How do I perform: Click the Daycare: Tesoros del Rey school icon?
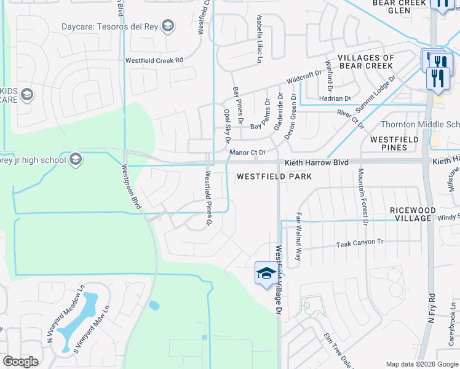pos(167,26)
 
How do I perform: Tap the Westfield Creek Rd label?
pos(154,60)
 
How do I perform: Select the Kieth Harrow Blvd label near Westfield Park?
pos(316,162)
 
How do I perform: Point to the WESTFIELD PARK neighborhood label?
pos(274,177)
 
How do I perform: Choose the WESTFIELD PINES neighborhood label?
pos(394,143)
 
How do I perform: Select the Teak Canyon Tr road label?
pos(359,243)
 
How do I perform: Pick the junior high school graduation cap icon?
pos(76,160)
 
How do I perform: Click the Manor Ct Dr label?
pos(247,153)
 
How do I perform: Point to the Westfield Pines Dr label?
pos(208,198)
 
